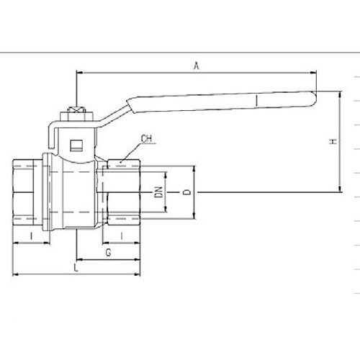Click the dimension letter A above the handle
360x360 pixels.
(x=197, y=66)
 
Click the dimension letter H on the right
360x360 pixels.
(x=333, y=141)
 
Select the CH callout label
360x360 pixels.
(x=146, y=139)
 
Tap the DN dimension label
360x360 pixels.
(x=158, y=192)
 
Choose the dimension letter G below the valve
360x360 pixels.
(x=109, y=253)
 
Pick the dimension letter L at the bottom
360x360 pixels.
(x=76, y=267)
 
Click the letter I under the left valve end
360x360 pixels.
(x=31, y=236)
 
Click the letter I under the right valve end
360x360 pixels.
(x=122, y=236)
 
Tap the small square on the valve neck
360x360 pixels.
(x=76, y=145)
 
